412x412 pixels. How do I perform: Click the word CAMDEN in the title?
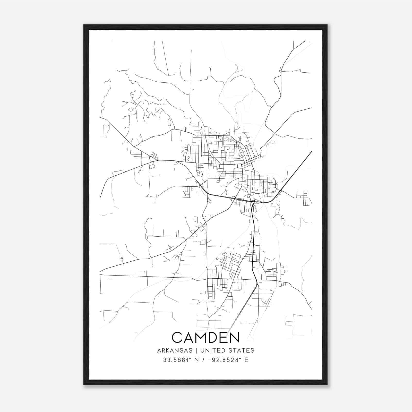click(205, 337)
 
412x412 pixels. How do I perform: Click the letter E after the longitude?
click(246, 360)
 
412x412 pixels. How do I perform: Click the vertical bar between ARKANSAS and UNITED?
click(196, 350)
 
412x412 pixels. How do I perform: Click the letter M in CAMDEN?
click(201, 337)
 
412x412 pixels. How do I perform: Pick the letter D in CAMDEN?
click(214, 337)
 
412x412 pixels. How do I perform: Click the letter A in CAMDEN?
click(189, 337)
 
